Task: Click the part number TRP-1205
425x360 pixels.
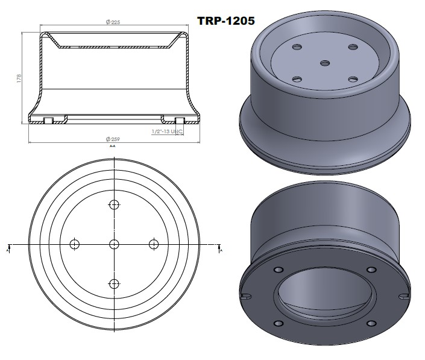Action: [227, 21]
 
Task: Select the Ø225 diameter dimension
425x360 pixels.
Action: [113, 22]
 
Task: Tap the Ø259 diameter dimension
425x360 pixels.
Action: [113, 140]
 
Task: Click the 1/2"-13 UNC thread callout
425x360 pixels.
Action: [167, 130]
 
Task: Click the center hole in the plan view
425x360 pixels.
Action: [114, 244]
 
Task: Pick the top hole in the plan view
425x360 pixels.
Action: [114, 204]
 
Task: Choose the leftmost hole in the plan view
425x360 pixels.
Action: [75, 244]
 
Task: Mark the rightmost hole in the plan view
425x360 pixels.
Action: [153, 244]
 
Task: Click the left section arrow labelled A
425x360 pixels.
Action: [8, 248]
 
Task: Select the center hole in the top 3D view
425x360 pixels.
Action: [325, 63]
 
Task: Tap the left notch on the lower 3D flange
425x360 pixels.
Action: [245, 295]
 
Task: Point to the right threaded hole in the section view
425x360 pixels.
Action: [178, 120]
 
